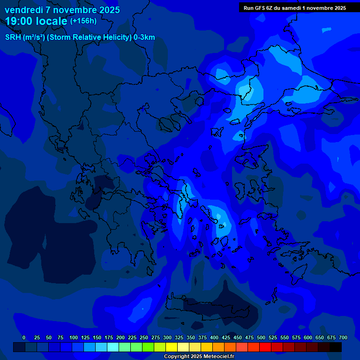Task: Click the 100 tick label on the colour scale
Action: [x=74, y=337]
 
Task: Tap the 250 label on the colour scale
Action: [x=144, y=337]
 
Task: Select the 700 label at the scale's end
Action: [x=343, y=337]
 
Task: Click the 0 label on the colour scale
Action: [x=24, y=337]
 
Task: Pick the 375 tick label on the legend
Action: [x=202, y=337]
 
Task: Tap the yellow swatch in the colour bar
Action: [x=172, y=347]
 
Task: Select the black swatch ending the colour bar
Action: [x=336, y=347]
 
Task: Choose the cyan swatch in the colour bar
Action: [x=113, y=347]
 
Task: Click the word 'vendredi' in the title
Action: [x=23, y=10]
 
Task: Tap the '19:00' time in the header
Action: [x=20, y=21]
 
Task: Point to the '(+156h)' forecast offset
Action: [x=83, y=21]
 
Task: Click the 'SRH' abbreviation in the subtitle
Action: [x=14, y=37]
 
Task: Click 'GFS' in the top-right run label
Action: [x=261, y=8]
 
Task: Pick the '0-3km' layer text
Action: [x=144, y=37]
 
